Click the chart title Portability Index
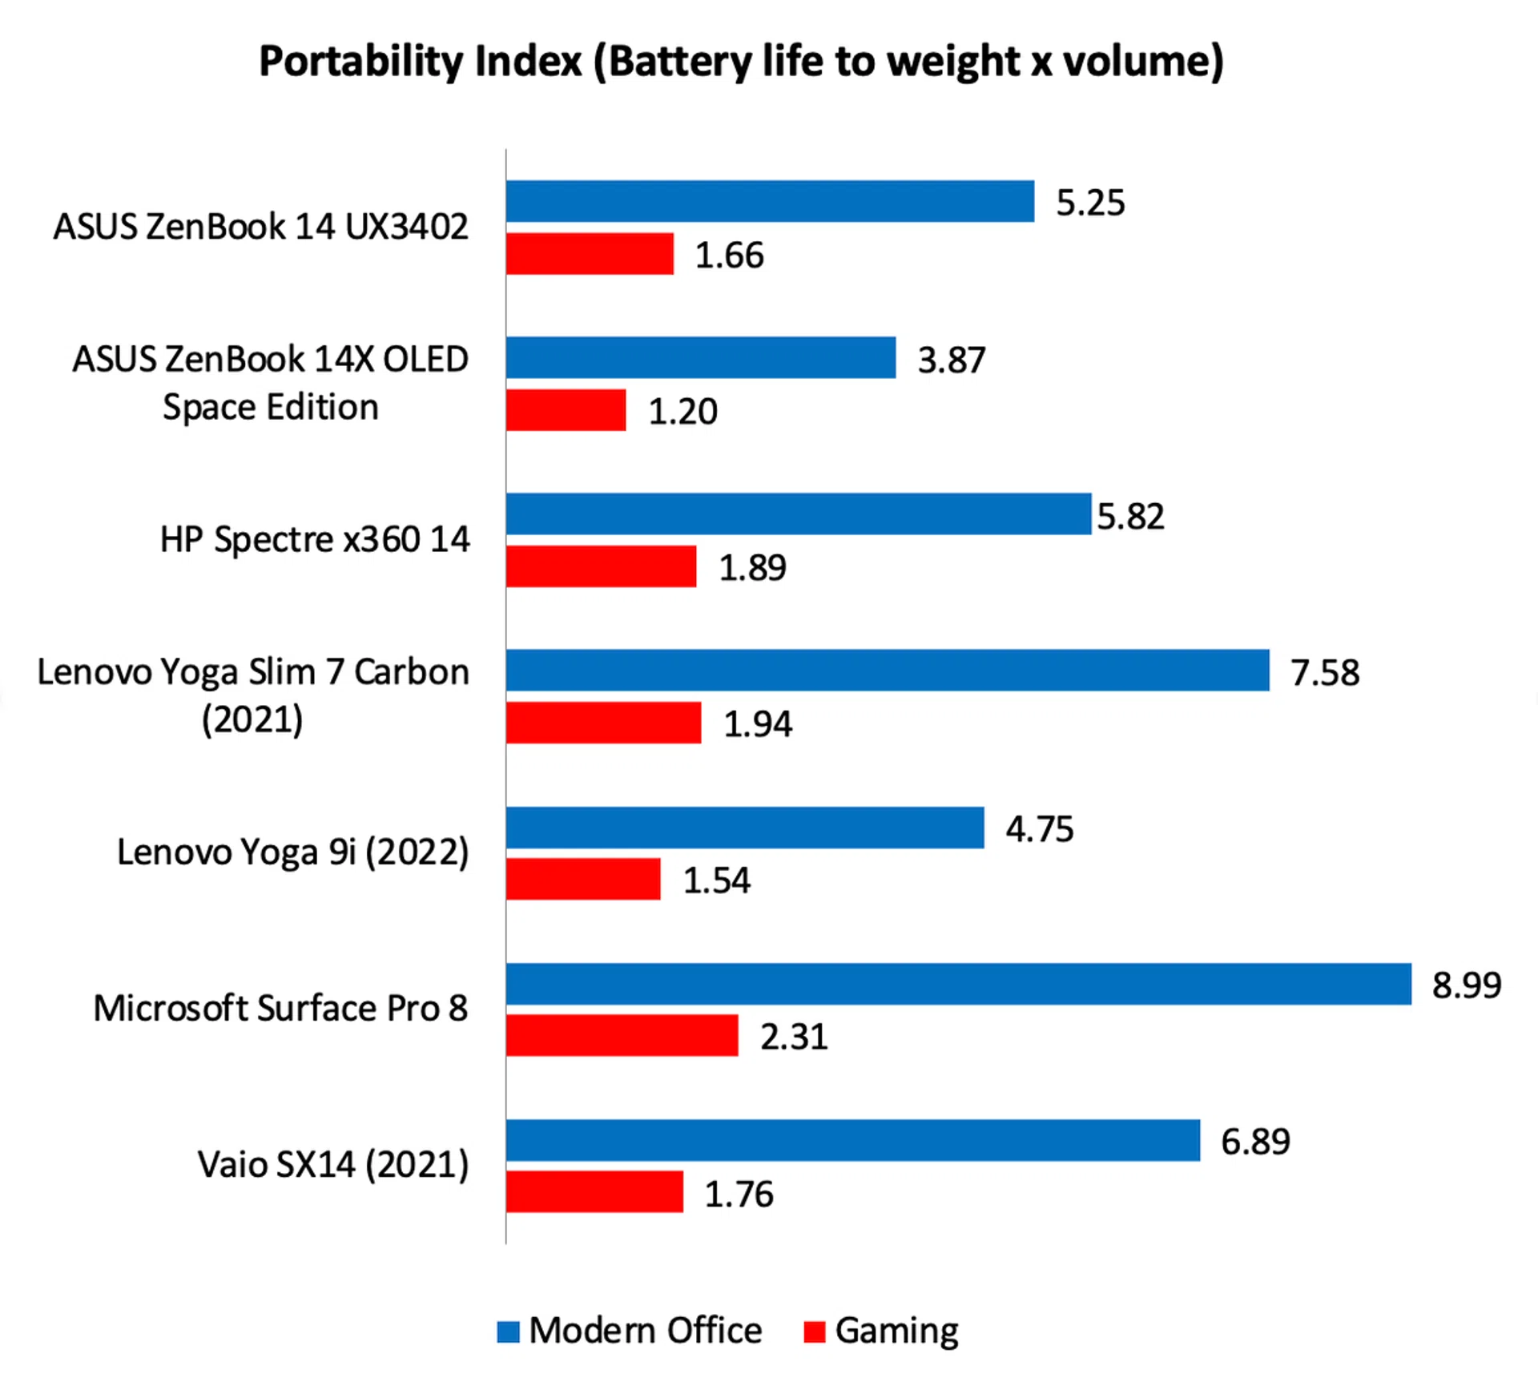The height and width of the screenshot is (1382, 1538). click(x=741, y=62)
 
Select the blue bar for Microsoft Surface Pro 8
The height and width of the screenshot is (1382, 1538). click(x=958, y=983)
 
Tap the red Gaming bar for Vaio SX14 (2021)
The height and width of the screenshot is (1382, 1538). click(x=594, y=1191)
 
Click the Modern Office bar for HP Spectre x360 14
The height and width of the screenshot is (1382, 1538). click(x=798, y=514)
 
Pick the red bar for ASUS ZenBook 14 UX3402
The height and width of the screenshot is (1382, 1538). click(x=590, y=254)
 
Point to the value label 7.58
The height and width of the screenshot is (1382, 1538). click(x=1324, y=672)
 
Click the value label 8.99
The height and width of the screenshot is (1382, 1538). click(x=1466, y=985)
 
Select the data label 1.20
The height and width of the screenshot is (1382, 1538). click(x=682, y=411)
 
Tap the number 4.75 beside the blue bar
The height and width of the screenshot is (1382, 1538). click(x=1039, y=828)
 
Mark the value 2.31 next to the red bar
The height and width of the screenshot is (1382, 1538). click(x=793, y=1037)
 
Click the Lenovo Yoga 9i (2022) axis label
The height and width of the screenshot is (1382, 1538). click(x=292, y=852)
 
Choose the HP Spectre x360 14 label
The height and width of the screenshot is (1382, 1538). click(x=315, y=539)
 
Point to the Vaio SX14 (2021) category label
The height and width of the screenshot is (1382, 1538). click(x=333, y=1164)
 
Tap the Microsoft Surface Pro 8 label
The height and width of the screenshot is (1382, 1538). click(x=280, y=1008)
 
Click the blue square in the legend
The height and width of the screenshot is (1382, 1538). click(x=508, y=1332)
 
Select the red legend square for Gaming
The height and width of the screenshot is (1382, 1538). click(x=814, y=1332)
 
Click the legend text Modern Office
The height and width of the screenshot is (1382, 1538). click(x=645, y=1330)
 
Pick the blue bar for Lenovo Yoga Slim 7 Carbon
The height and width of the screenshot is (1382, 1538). click(x=888, y=670)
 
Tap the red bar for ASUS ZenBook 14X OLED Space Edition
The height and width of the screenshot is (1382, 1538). click(x=566, y=410)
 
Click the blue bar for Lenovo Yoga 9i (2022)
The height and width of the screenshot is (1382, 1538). click(x=745, y=827)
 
